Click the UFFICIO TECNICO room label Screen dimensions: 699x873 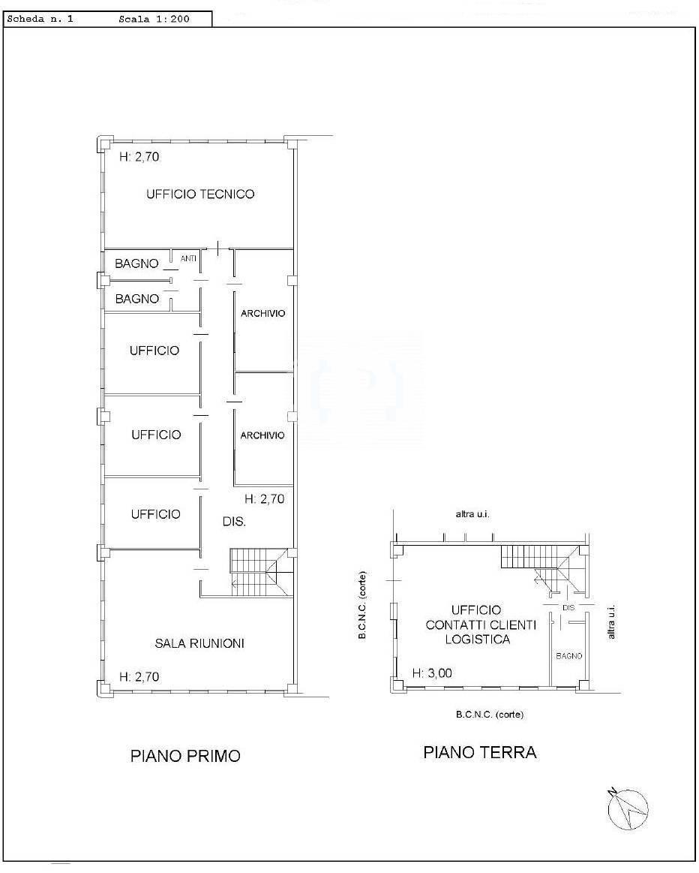200,194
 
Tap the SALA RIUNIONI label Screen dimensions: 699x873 199,643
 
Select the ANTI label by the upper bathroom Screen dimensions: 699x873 188,259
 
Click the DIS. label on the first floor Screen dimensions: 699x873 234,522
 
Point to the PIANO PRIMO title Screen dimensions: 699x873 185,756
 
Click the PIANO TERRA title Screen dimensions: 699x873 480,753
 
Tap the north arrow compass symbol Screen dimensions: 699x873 628,809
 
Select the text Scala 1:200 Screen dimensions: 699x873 154,19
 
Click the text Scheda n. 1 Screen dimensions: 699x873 40,19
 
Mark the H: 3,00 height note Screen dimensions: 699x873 432,673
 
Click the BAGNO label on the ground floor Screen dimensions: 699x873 569,656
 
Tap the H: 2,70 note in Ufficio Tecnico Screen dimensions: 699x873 139,157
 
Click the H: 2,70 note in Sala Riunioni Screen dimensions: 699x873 139,677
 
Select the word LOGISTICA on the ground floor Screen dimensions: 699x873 478,640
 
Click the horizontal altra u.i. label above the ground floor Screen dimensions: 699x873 472,514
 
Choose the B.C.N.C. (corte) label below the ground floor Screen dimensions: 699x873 490,715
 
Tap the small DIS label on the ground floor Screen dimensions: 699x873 568,608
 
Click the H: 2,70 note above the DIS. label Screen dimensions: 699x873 265,499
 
